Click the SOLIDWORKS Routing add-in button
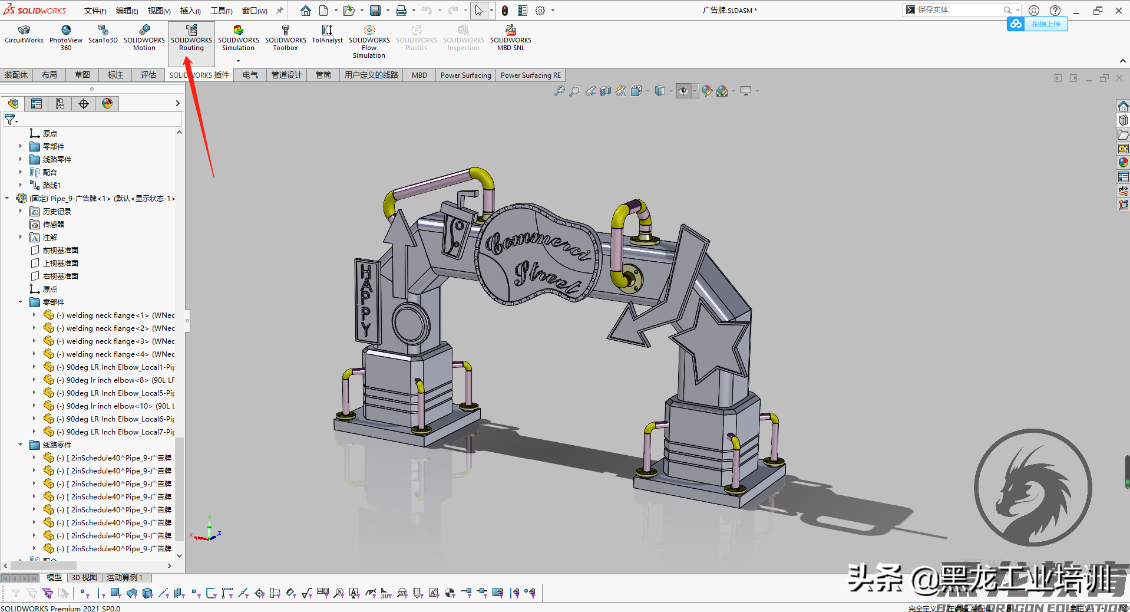point(191,37)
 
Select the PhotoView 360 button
point(66,37)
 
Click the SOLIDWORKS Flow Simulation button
point(369,40)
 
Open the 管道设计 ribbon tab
point(286,75)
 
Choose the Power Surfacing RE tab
point(530,75)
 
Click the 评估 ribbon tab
point(148,75)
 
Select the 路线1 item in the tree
point(52,185)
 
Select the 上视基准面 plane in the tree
point(60,263)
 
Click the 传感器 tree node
point(54,224)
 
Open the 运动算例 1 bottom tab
point(124,577)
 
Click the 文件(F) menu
point(95,11)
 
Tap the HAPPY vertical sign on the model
point(366,301)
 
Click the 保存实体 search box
point(957,10)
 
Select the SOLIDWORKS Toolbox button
point(286,37)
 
